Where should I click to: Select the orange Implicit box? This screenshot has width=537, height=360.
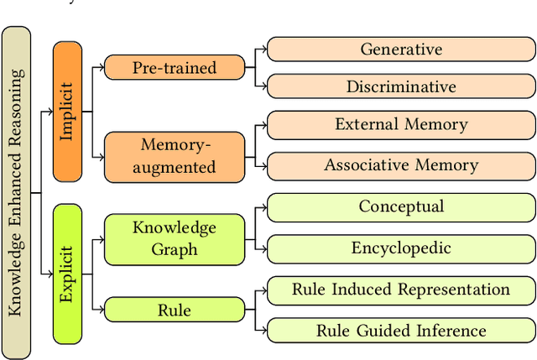(67, 112)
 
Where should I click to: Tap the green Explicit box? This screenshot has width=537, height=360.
(67, 274)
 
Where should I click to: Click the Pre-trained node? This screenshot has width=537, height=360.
(175, 68)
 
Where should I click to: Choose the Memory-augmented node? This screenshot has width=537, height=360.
(175, 156)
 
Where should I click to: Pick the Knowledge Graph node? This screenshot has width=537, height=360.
(175, 238)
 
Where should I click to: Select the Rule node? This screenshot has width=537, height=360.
(175, 310)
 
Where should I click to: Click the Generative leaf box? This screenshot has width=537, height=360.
(401, 50)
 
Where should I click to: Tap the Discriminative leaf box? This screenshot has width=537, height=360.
(401, 86)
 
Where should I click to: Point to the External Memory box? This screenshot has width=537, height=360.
(401, 125)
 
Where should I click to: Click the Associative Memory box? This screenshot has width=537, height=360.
(401, 165)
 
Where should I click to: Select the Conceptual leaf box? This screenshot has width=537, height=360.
(401, 206)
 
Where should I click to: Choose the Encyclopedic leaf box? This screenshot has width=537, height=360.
(401, 248)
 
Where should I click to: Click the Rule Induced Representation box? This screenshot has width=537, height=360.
(401, 290)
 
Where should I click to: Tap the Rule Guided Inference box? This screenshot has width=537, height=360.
(401, 331)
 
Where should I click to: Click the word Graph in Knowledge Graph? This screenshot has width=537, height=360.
(175, 249)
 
